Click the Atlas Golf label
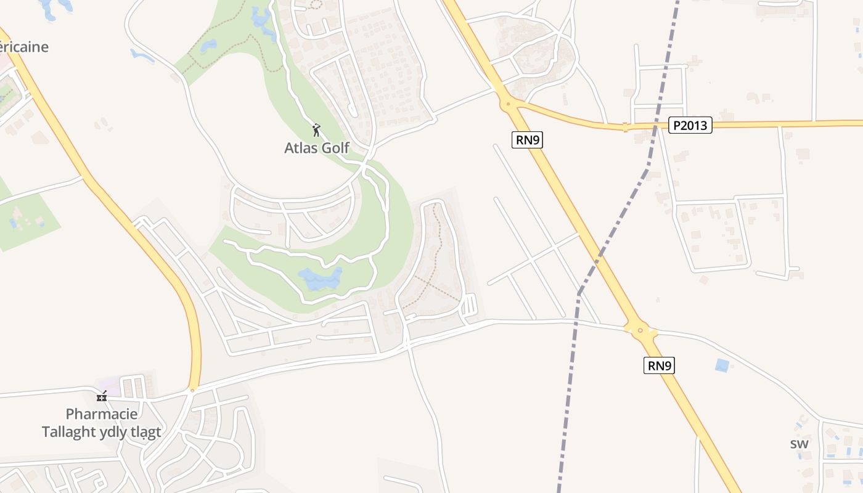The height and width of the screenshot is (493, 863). click(x=317, y=148)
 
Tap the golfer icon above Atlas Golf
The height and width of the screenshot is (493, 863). click(x=317, y=130)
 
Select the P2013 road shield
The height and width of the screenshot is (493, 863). click(x=690, y=126)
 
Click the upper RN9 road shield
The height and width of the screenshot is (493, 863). click(x=528, y=140)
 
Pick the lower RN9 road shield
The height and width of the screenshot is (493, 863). click(x=659, y=365)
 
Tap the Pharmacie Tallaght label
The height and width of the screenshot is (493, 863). click(x=102, y=422)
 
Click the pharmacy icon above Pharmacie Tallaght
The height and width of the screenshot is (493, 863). click(x=102, y=396)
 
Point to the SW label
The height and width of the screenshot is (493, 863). click(x=800, y=444)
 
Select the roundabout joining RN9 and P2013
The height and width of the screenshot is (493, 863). click(x=508, y=104)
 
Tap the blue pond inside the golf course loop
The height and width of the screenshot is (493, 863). click(x=319, y=279)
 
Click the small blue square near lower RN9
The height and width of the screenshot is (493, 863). click(x=721, y=365)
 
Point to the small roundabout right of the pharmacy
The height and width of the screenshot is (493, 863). click(x=192, y=390)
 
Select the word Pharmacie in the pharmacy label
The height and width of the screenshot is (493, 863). click(x=102, y=414)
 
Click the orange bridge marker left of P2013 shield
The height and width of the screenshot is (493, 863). click(x=625, y=128)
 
